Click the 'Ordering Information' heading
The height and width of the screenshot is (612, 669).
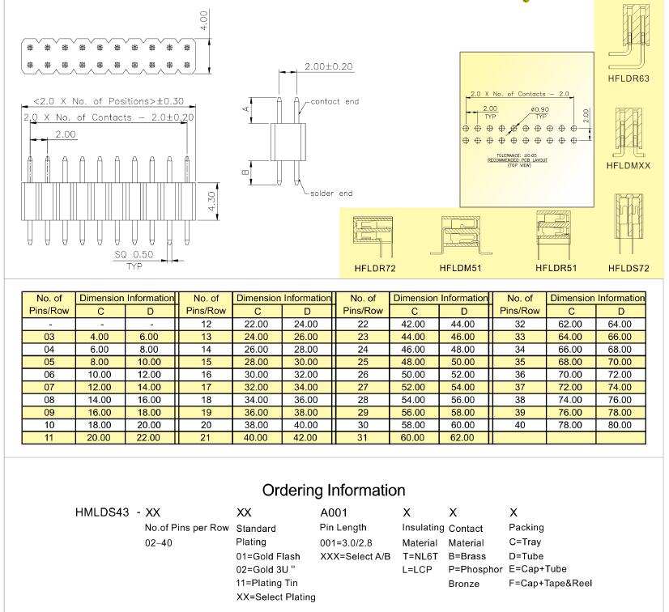point(334,491)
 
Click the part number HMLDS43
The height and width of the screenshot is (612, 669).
point(103,512)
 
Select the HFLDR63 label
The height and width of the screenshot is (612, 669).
point(629,79)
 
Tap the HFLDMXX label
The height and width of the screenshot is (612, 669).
point(629,165)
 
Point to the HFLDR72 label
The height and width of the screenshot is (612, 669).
point(375,267)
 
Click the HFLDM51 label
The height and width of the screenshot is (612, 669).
point(461,267)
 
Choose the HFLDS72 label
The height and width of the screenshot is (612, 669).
point(629,267)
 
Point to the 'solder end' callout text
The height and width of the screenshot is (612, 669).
point(332,193)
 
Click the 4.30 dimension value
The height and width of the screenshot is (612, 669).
point(211,199)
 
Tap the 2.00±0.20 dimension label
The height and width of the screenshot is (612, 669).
point(328,66)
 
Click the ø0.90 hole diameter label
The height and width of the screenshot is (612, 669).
point(541,108)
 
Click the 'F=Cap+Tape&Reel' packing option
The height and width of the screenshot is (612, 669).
point(551,583)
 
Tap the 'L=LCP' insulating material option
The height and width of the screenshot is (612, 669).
point(416,570)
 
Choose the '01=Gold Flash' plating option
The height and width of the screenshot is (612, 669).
point(267,556)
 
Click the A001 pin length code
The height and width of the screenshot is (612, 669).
point(334,512)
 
